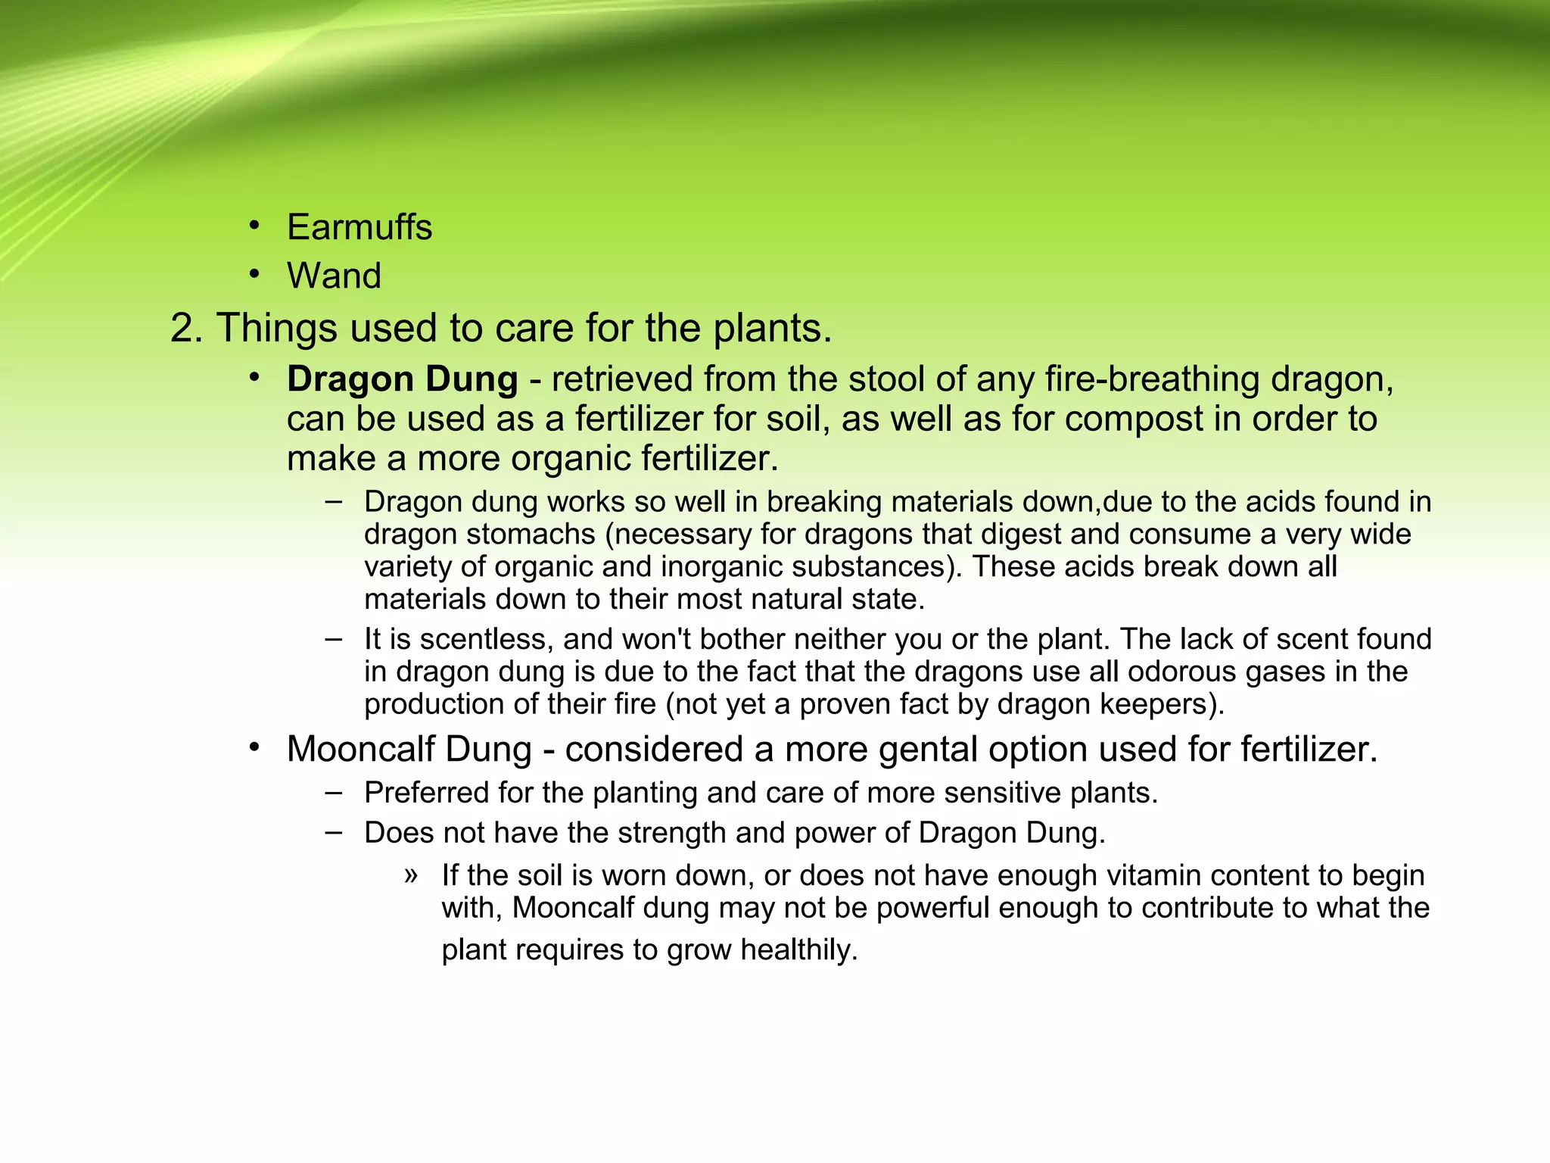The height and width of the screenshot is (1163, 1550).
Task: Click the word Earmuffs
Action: (x=359, y=227)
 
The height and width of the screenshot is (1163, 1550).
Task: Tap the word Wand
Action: (x=334, y=276)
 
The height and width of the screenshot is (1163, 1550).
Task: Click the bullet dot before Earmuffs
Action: (x=255, y=225)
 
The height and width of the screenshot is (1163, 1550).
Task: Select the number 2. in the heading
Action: (x=186, y=329)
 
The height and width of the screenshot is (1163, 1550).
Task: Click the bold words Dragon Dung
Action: (x=402, y=379)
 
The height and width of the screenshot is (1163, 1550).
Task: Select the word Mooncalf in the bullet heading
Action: (x=360, y=750)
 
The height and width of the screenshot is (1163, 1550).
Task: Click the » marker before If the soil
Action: (x=411, y=875)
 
